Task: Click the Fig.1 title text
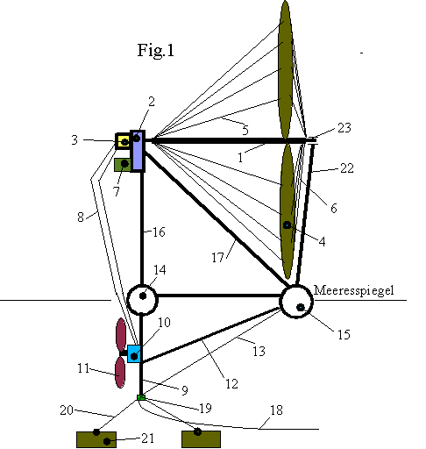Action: tap(156, 50)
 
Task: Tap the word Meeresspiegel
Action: tap(354, 290)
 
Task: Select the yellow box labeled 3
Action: tap(123, 141)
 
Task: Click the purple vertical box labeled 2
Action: tap(138, 151)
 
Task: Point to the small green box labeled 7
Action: tap(123, 165)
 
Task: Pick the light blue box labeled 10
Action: tap(134, 354)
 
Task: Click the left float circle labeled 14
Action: tap(142, 300)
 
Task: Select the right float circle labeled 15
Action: tap(296, 302)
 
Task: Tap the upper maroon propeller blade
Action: tap(121, 335)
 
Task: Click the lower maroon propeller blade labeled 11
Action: tap(120, 373)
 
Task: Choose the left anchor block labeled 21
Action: tap(96, 439)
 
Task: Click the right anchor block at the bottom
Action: tap(201, 439)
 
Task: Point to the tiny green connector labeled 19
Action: tap(141, 397)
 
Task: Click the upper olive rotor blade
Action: tap(285, 69)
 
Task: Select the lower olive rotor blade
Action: tap(288, 210)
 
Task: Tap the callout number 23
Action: tap(344, 128)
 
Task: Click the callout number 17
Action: tap(217, 258)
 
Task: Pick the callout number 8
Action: tap(81, 217)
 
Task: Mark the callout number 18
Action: tap(276, 410)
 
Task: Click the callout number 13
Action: tap(259, 351)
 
